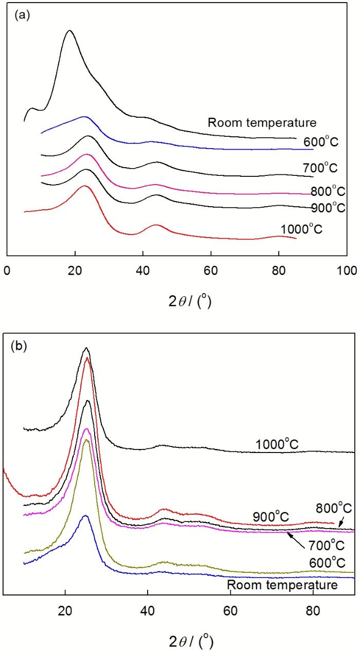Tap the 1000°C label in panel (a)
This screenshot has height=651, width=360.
(x=301, y=229)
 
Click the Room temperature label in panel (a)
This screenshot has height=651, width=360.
(x=252, y=123)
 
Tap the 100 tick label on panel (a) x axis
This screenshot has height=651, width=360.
(x=348, y=270)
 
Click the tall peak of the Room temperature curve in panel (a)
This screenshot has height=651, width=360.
(x=69, y=32)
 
